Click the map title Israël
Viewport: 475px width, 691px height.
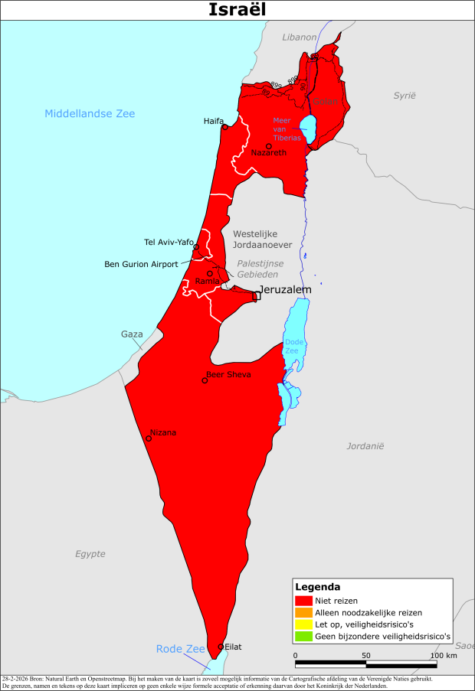pos(237,10)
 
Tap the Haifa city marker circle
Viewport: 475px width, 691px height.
pos(224,127)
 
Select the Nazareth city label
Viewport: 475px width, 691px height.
pos(269,153)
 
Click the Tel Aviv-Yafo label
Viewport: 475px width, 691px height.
pos(169,243)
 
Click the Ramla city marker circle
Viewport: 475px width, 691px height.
pos(210,273)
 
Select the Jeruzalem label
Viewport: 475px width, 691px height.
pos(285,290)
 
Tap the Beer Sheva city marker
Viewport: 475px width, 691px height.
pos(205,380)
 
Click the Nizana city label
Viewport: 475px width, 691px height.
pos(163,432)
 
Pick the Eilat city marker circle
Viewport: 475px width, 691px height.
pos(221,647)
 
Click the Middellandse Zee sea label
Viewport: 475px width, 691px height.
pos(90,113)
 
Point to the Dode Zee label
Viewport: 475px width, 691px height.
pos(293,345)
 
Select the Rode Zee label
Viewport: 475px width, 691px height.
pos(181,649)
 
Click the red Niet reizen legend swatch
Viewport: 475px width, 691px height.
pos(303,601)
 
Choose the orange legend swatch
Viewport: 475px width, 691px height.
pos(303,612)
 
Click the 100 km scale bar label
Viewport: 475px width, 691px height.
pos(443,656)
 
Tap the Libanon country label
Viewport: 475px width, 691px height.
pos(299,37)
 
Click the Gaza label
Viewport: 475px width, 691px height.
pos(132,334)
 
